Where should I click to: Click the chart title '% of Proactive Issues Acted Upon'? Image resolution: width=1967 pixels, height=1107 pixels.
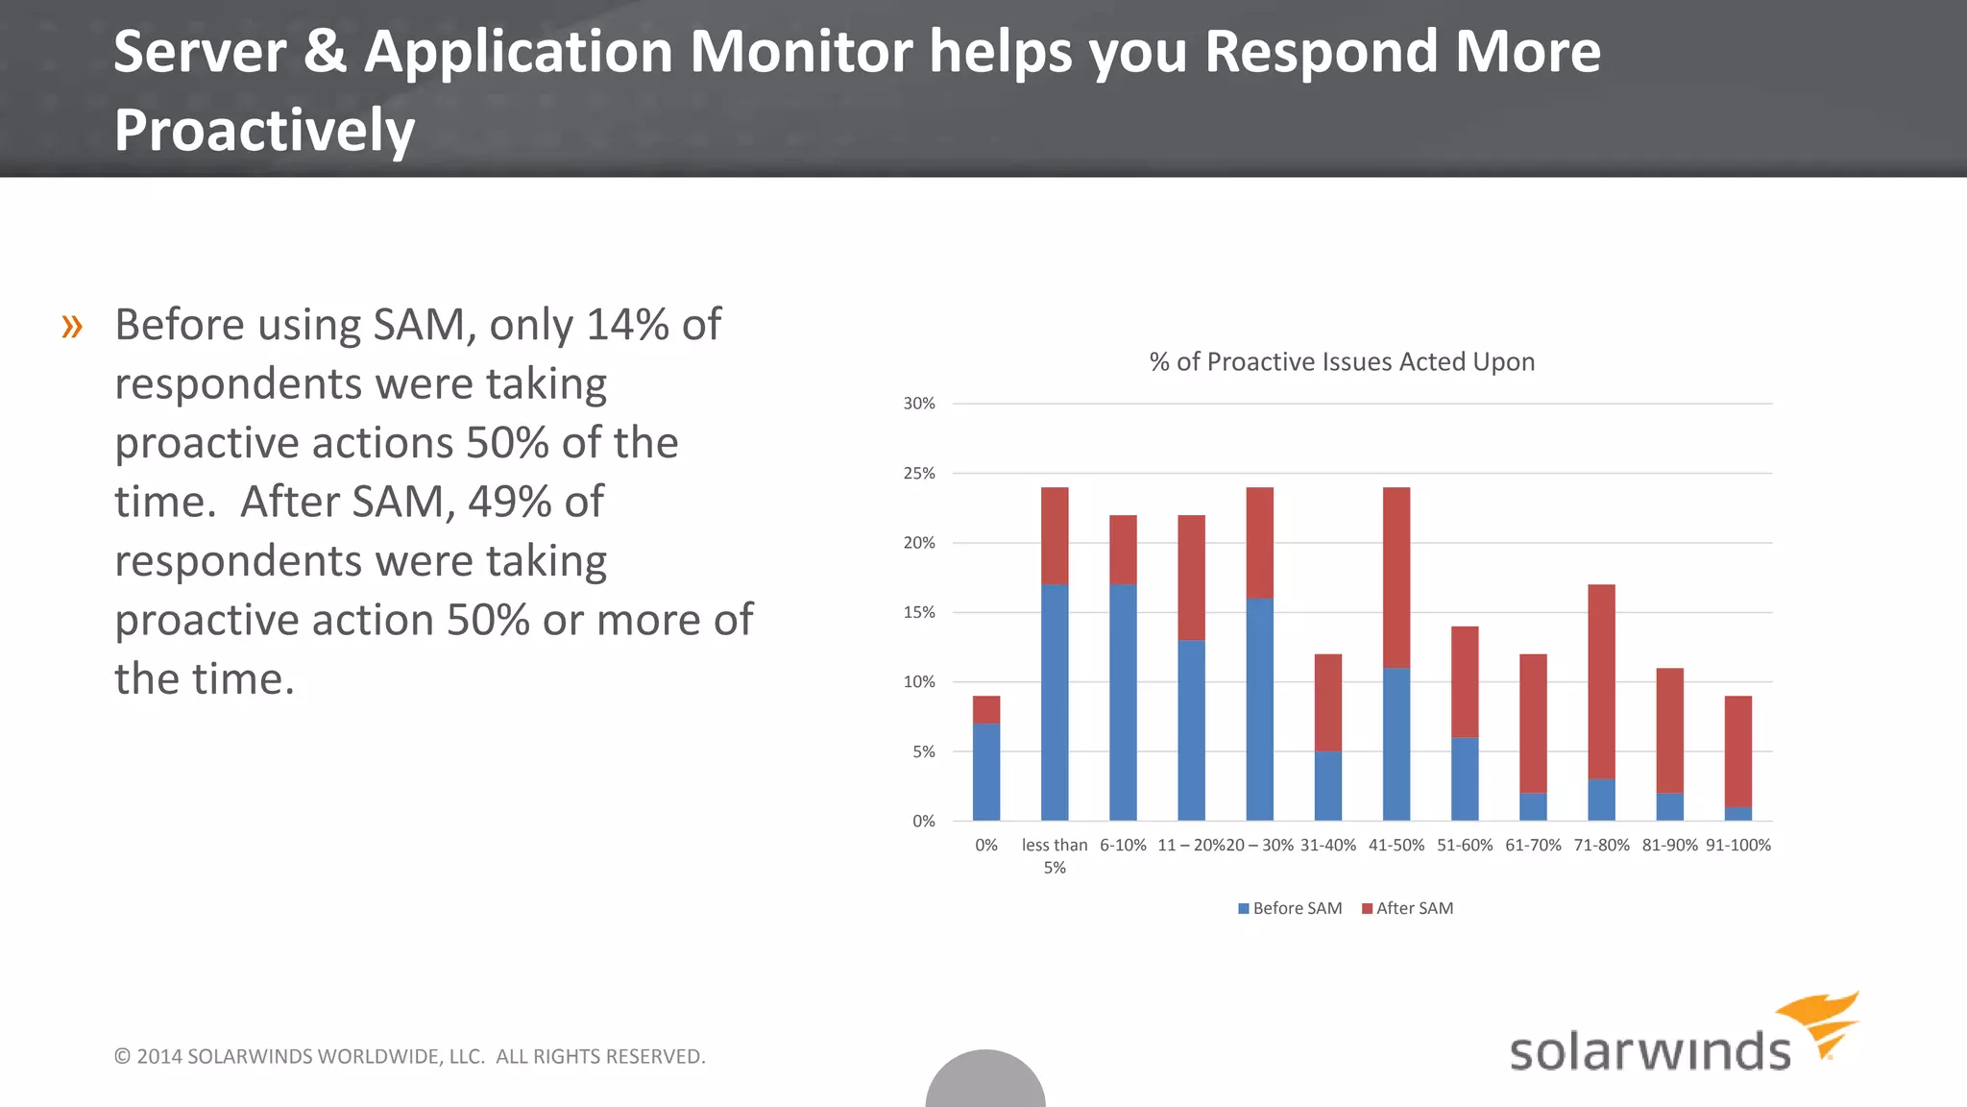1342,361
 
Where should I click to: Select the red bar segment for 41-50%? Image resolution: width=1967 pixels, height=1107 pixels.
1396,577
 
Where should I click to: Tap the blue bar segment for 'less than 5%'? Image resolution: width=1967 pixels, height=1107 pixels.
1055,701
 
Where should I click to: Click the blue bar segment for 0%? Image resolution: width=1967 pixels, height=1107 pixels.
986,772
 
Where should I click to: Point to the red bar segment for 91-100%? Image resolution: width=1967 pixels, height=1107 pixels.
1737,750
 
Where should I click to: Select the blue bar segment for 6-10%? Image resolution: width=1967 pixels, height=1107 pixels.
1123,701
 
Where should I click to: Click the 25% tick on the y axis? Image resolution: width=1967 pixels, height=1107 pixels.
919,473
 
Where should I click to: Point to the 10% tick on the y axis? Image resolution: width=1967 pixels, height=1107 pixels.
919,681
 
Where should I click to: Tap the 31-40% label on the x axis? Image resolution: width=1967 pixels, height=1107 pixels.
1328,845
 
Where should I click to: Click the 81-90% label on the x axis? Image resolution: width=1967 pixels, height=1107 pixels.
1669,845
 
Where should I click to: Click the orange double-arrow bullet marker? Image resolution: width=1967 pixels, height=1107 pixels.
72,327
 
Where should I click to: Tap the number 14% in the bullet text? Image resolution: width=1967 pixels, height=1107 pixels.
627,325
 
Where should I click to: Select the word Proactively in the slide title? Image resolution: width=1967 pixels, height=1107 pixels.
264,130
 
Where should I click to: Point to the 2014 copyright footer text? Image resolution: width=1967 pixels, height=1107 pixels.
409,1056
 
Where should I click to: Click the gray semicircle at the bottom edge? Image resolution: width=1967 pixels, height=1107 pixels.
985,1082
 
